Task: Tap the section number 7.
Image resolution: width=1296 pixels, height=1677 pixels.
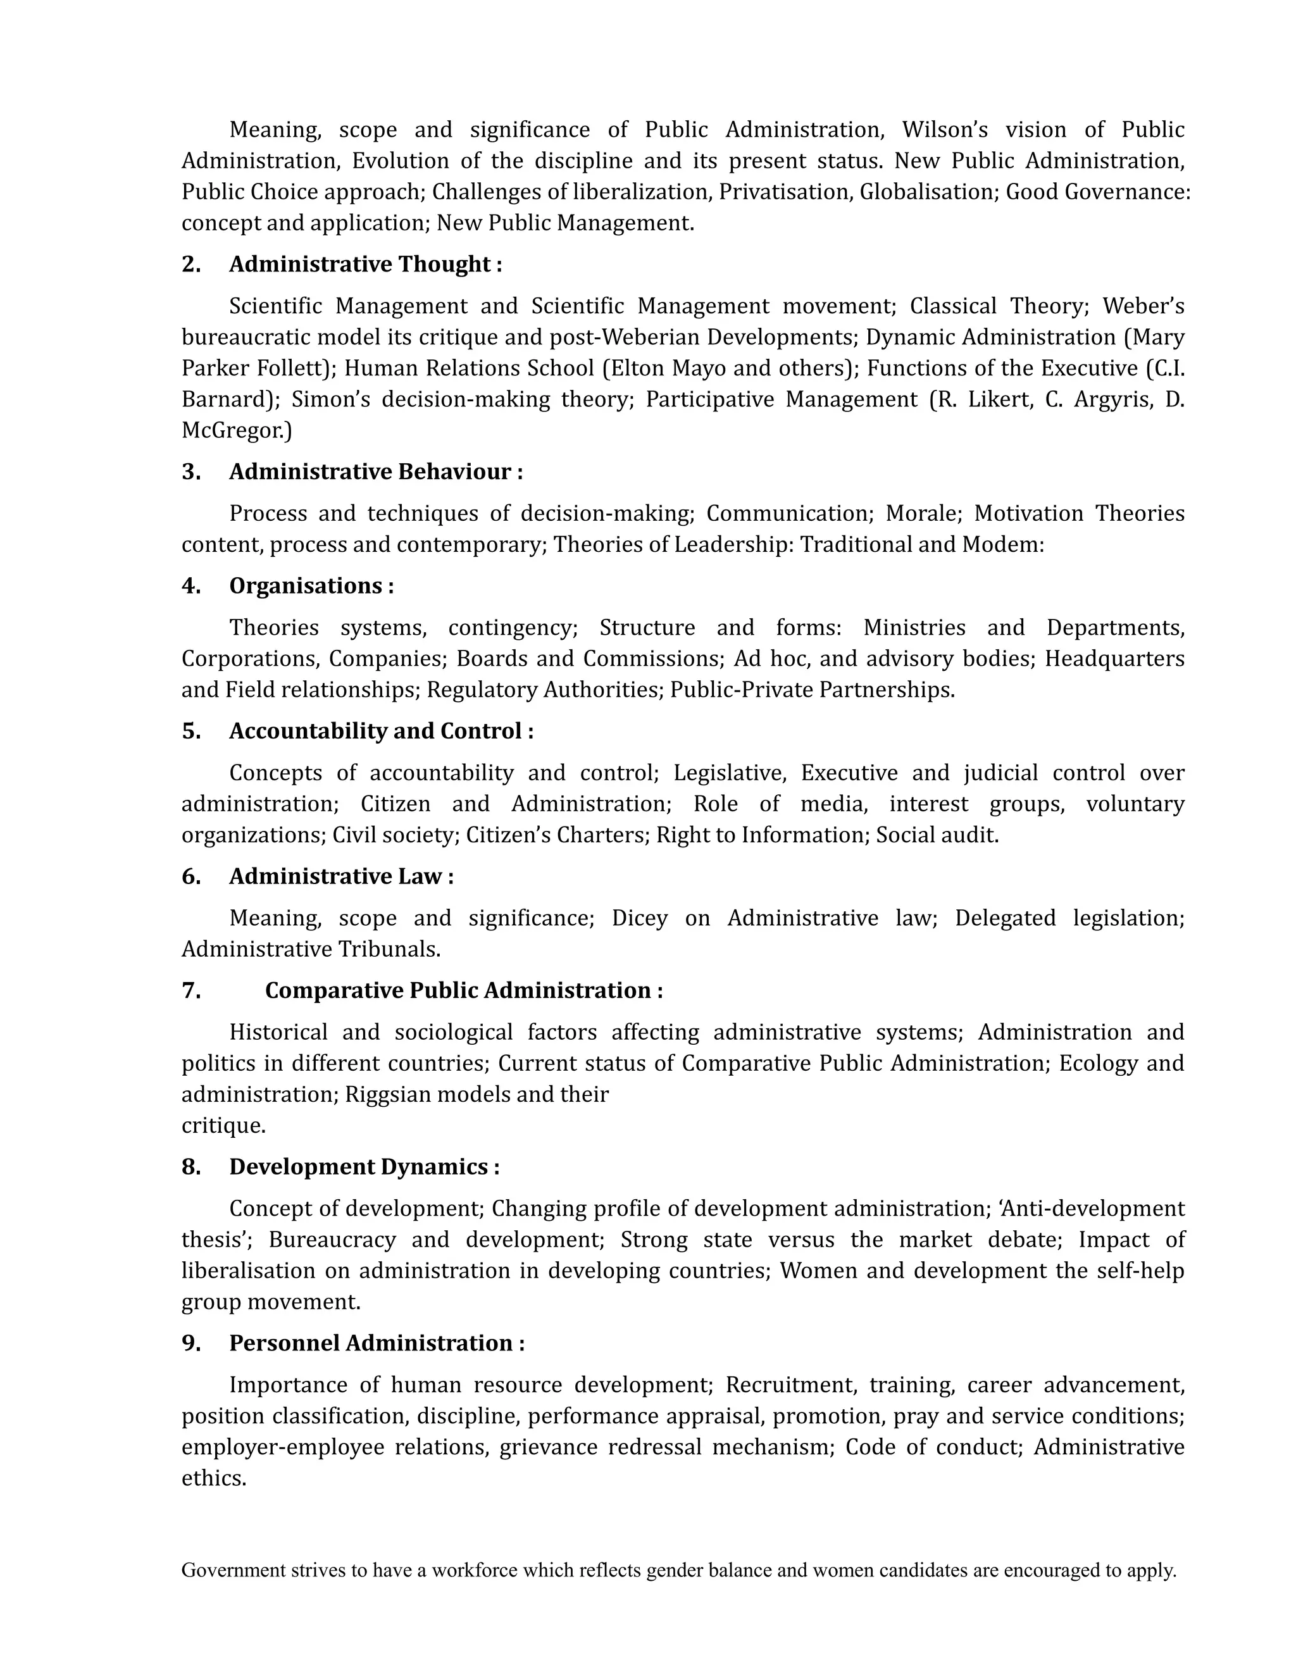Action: [190, 990]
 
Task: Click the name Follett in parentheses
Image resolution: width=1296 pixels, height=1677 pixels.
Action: [296, 368]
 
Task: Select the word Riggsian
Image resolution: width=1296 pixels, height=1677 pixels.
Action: [389, 1094]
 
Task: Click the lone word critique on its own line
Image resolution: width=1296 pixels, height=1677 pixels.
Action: [223, 1126]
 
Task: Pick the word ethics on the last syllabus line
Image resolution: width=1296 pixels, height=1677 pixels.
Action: [213, 1479]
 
